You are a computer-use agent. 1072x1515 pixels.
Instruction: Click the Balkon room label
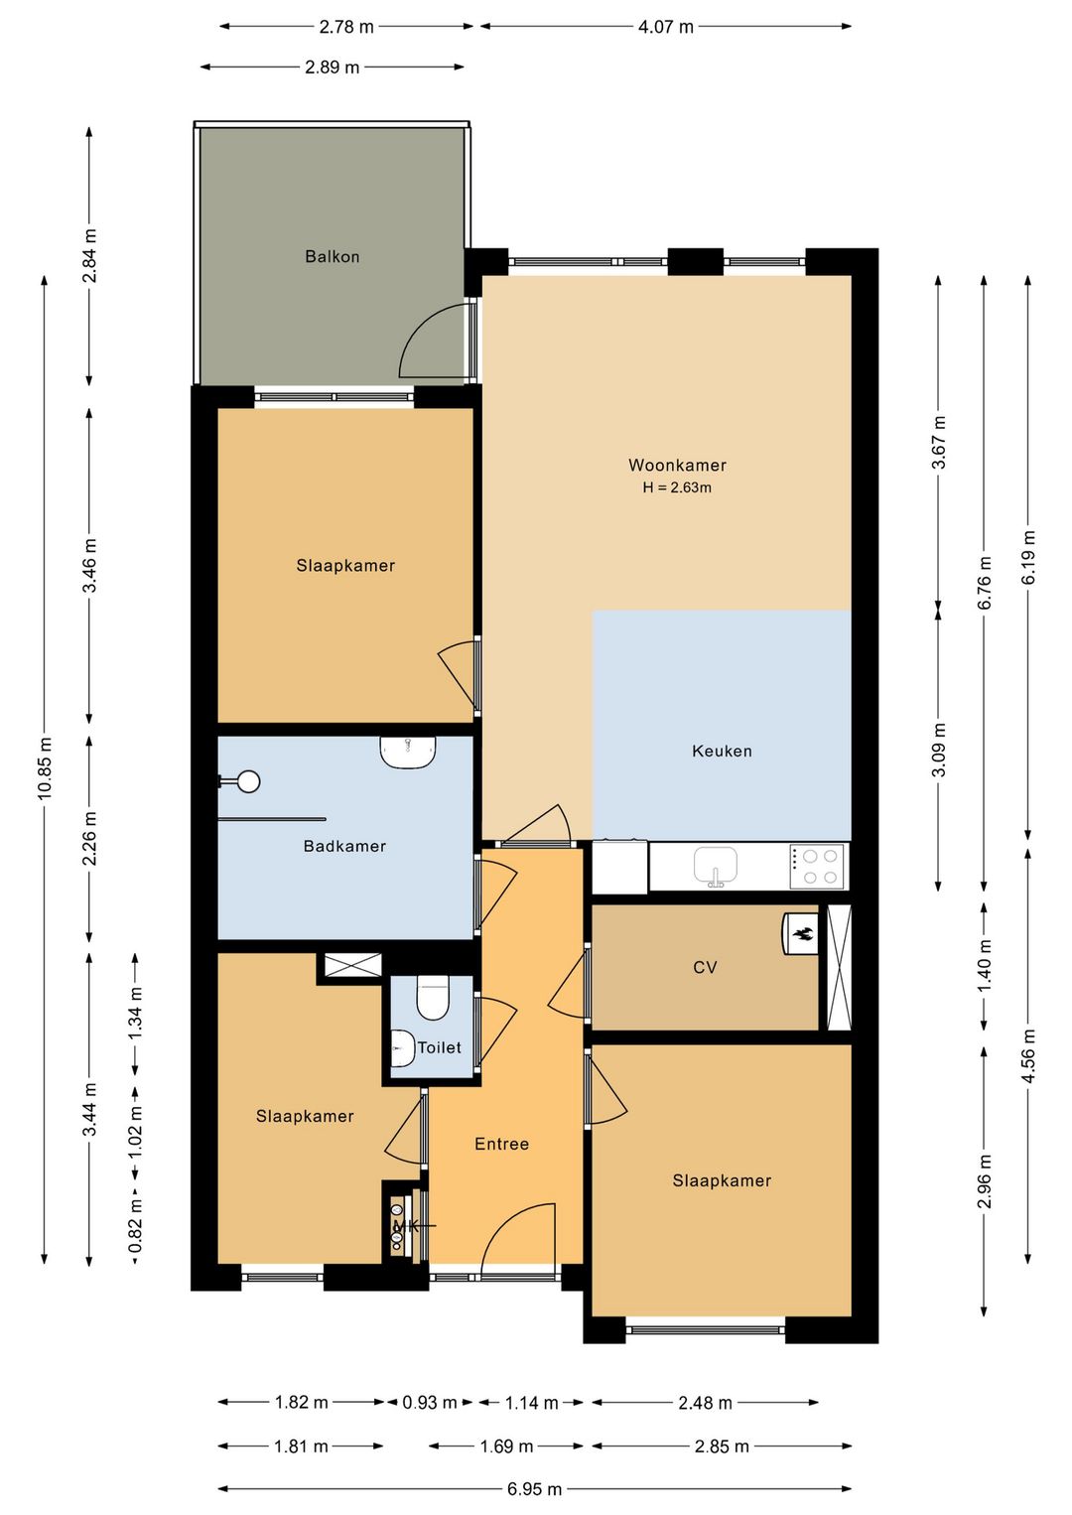[x=332, y=256]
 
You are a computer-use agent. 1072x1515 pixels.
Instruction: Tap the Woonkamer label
[x=677, y=465]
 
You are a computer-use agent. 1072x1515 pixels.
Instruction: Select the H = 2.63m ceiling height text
[x=677, y=487]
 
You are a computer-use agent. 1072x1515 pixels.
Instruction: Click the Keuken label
[x=722, y=751]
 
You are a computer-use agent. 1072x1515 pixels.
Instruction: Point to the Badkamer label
[x=344, y=846]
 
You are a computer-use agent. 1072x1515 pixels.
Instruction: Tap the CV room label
[x=705, y=967]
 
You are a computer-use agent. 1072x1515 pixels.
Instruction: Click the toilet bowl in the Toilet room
[x=433, y=997]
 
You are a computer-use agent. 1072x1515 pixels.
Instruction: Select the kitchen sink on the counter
[x=716, y=866]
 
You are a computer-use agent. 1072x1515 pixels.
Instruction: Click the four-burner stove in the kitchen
[x=816, y=867]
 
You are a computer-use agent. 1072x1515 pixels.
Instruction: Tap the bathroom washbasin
[x=408, y=752]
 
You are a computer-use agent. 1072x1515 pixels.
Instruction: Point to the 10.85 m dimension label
[x=46, y=767]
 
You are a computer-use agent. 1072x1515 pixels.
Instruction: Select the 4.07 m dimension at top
[x=666, y=27]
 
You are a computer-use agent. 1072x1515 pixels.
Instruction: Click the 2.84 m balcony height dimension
[x=89, y=256]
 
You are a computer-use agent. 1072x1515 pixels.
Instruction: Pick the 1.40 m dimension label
[x=984, y=965]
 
